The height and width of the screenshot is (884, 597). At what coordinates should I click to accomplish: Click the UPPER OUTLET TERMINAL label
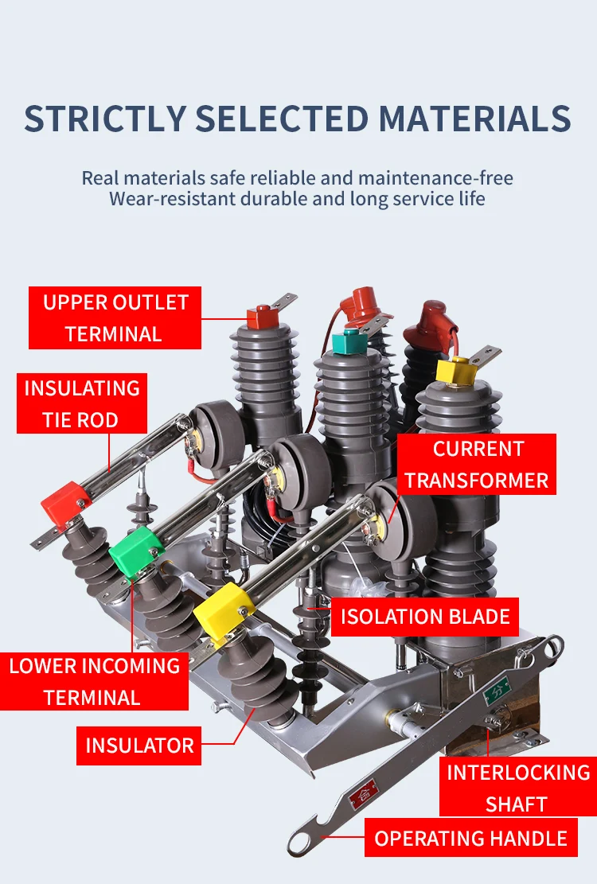click(115, 318)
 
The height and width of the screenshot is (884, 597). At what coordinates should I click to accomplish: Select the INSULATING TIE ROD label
click(82, 403)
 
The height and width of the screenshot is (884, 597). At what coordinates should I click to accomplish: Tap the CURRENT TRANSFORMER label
click(477, 464)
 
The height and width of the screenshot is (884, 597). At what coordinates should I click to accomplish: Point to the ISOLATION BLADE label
click(425, 617)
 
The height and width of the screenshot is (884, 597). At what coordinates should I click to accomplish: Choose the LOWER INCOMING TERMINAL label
click(94, 681)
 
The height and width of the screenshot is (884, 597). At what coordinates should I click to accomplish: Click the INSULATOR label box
click(139, 746)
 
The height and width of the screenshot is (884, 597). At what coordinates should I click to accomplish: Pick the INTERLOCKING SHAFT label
click(517, 787)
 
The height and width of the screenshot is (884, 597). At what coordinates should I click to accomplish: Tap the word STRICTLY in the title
click(104, 118)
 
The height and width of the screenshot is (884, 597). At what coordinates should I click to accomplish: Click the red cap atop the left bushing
click(260, 317)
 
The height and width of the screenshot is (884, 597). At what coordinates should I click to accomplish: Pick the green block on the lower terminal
click(136, 549)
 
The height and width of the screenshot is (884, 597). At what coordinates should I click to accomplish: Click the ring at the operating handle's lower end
click(303, 840)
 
